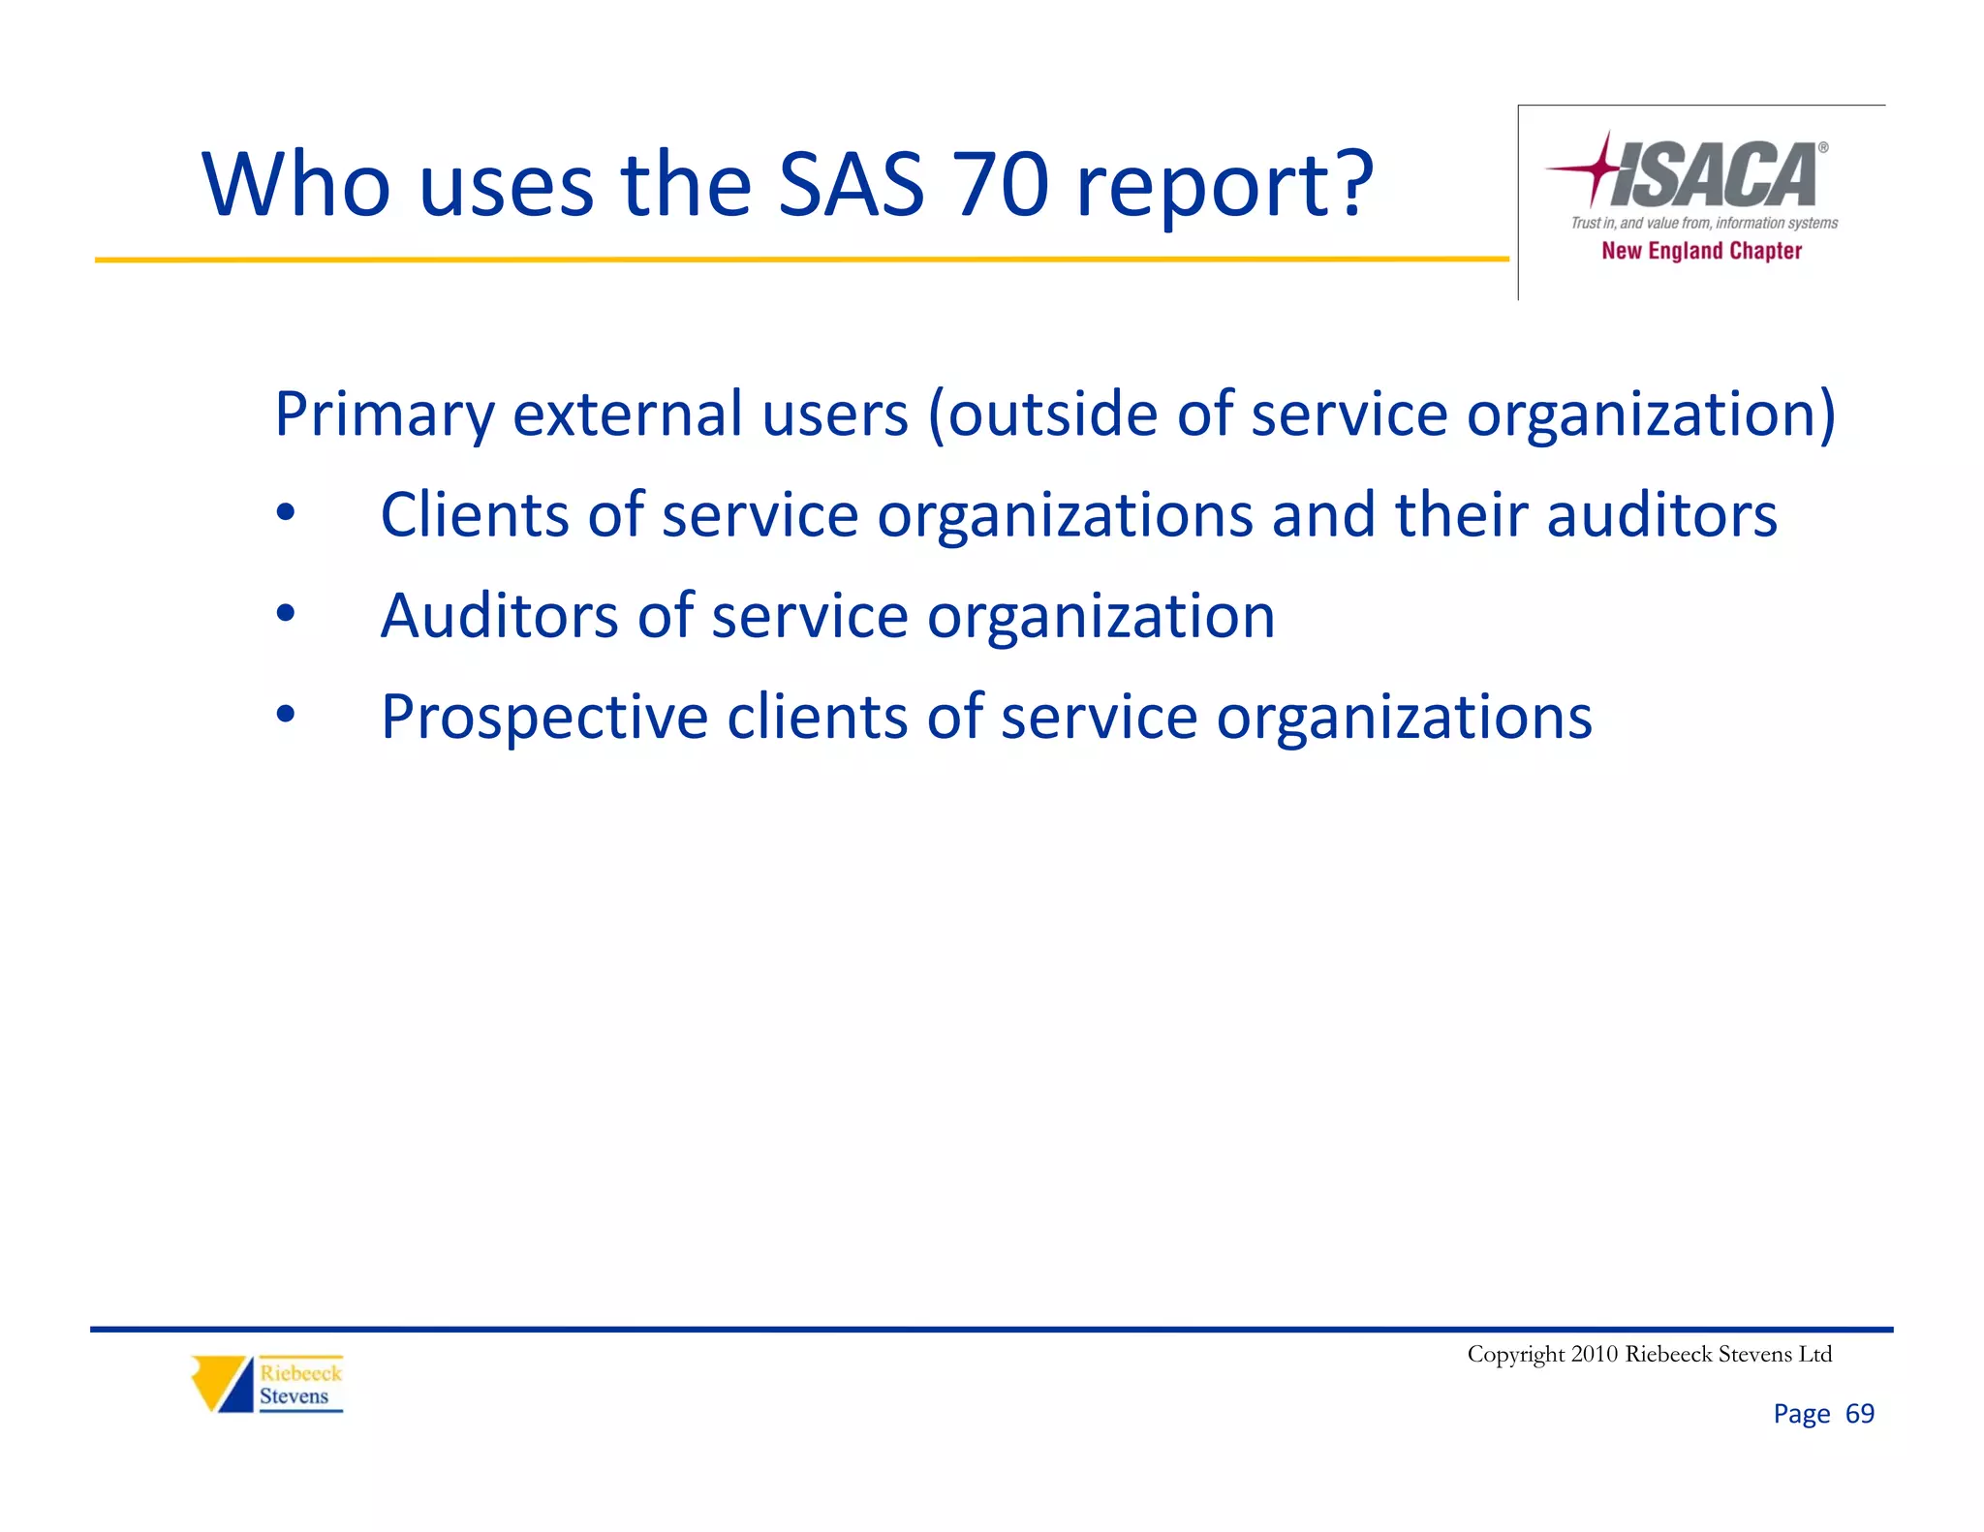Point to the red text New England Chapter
1701,251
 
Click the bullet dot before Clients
285,514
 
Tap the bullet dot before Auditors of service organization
285,615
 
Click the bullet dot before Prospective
285,716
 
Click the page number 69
1859,1414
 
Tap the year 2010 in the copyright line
1594,1354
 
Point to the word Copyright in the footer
1515,1355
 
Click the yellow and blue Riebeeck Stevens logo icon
222,1383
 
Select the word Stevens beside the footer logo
294,1396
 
